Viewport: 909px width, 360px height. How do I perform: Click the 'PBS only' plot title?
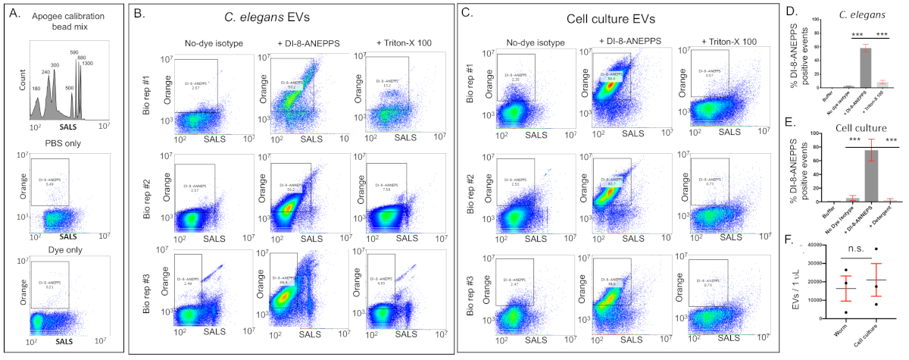(62, 144)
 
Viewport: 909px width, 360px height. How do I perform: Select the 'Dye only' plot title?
(62, 246)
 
